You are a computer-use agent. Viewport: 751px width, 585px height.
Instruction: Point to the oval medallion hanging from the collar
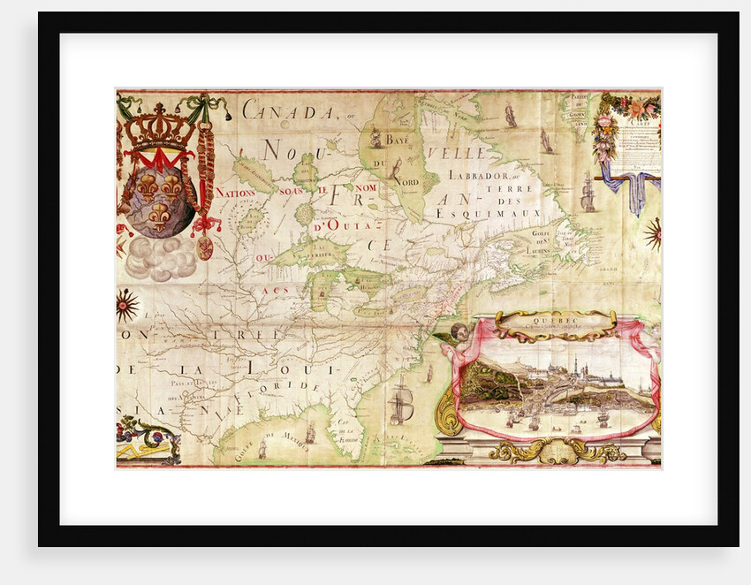coord(204,247)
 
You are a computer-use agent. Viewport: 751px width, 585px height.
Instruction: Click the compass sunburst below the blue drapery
coord(653,233)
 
